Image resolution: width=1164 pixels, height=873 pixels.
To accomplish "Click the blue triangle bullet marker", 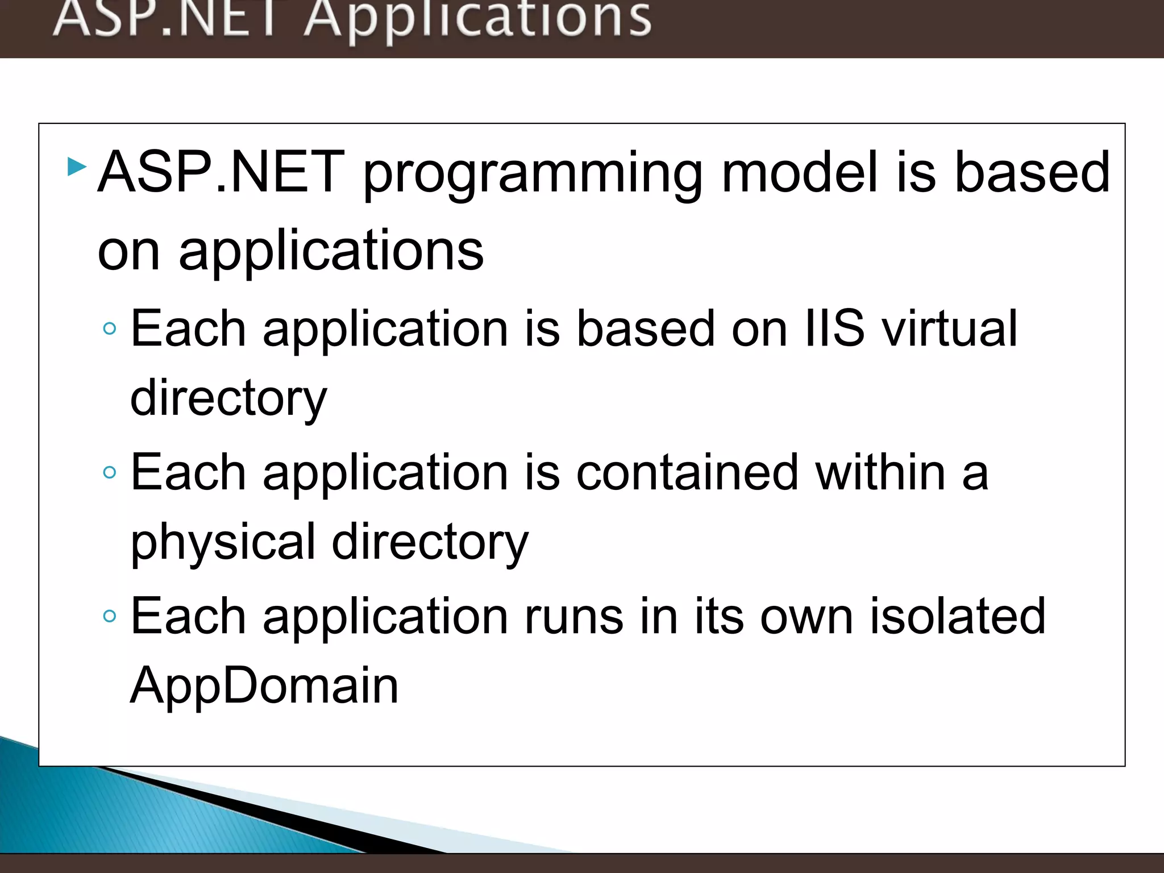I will pyautogui.click(x=77, y=167).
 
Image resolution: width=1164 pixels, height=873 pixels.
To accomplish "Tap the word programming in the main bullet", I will pyautogui.click(x=533, y=173).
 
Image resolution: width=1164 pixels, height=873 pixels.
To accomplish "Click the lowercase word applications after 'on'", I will pyautogui.click(x=331, y=252).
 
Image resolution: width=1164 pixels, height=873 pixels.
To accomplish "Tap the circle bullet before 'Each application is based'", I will pyautogui.click(x=110, y=329).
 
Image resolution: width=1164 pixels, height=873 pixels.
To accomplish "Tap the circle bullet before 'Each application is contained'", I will pyautogui.click(x=110, y=472).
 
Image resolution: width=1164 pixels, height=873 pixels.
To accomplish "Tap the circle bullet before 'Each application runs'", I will pyautogui.click(x=110, y=616).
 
